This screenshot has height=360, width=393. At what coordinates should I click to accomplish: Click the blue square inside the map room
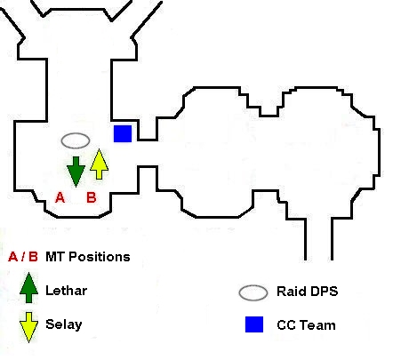click(123, 133)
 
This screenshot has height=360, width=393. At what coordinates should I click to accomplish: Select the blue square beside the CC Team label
click(254, 324)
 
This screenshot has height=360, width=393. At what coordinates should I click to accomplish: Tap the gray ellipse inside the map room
click(76, 140)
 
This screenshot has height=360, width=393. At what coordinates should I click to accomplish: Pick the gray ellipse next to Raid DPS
click(253, 292)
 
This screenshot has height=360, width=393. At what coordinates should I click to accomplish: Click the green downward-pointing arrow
click(76, 172)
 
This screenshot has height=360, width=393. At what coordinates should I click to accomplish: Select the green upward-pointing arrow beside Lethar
click(28, 287)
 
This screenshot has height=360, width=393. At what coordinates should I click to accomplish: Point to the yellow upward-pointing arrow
click(99, 164)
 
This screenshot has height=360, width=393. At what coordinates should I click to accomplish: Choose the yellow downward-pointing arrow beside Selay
click(28, 327)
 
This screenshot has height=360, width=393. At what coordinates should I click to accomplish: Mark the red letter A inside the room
click(60, 197)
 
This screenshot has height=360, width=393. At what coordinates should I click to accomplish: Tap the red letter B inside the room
click(92, 197)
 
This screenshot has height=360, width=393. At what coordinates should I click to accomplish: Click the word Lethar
click(67, 291)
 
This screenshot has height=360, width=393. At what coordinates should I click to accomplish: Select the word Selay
click(64, 324)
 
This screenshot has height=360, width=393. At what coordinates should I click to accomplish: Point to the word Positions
click(100, 257)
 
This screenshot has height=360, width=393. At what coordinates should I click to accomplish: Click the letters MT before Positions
click(55, 257)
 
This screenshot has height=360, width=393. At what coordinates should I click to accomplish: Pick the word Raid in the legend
click(287, 292)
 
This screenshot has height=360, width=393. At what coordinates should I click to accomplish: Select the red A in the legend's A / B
click(13, 257)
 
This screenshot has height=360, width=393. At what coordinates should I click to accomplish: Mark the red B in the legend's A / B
click(34, 257)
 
